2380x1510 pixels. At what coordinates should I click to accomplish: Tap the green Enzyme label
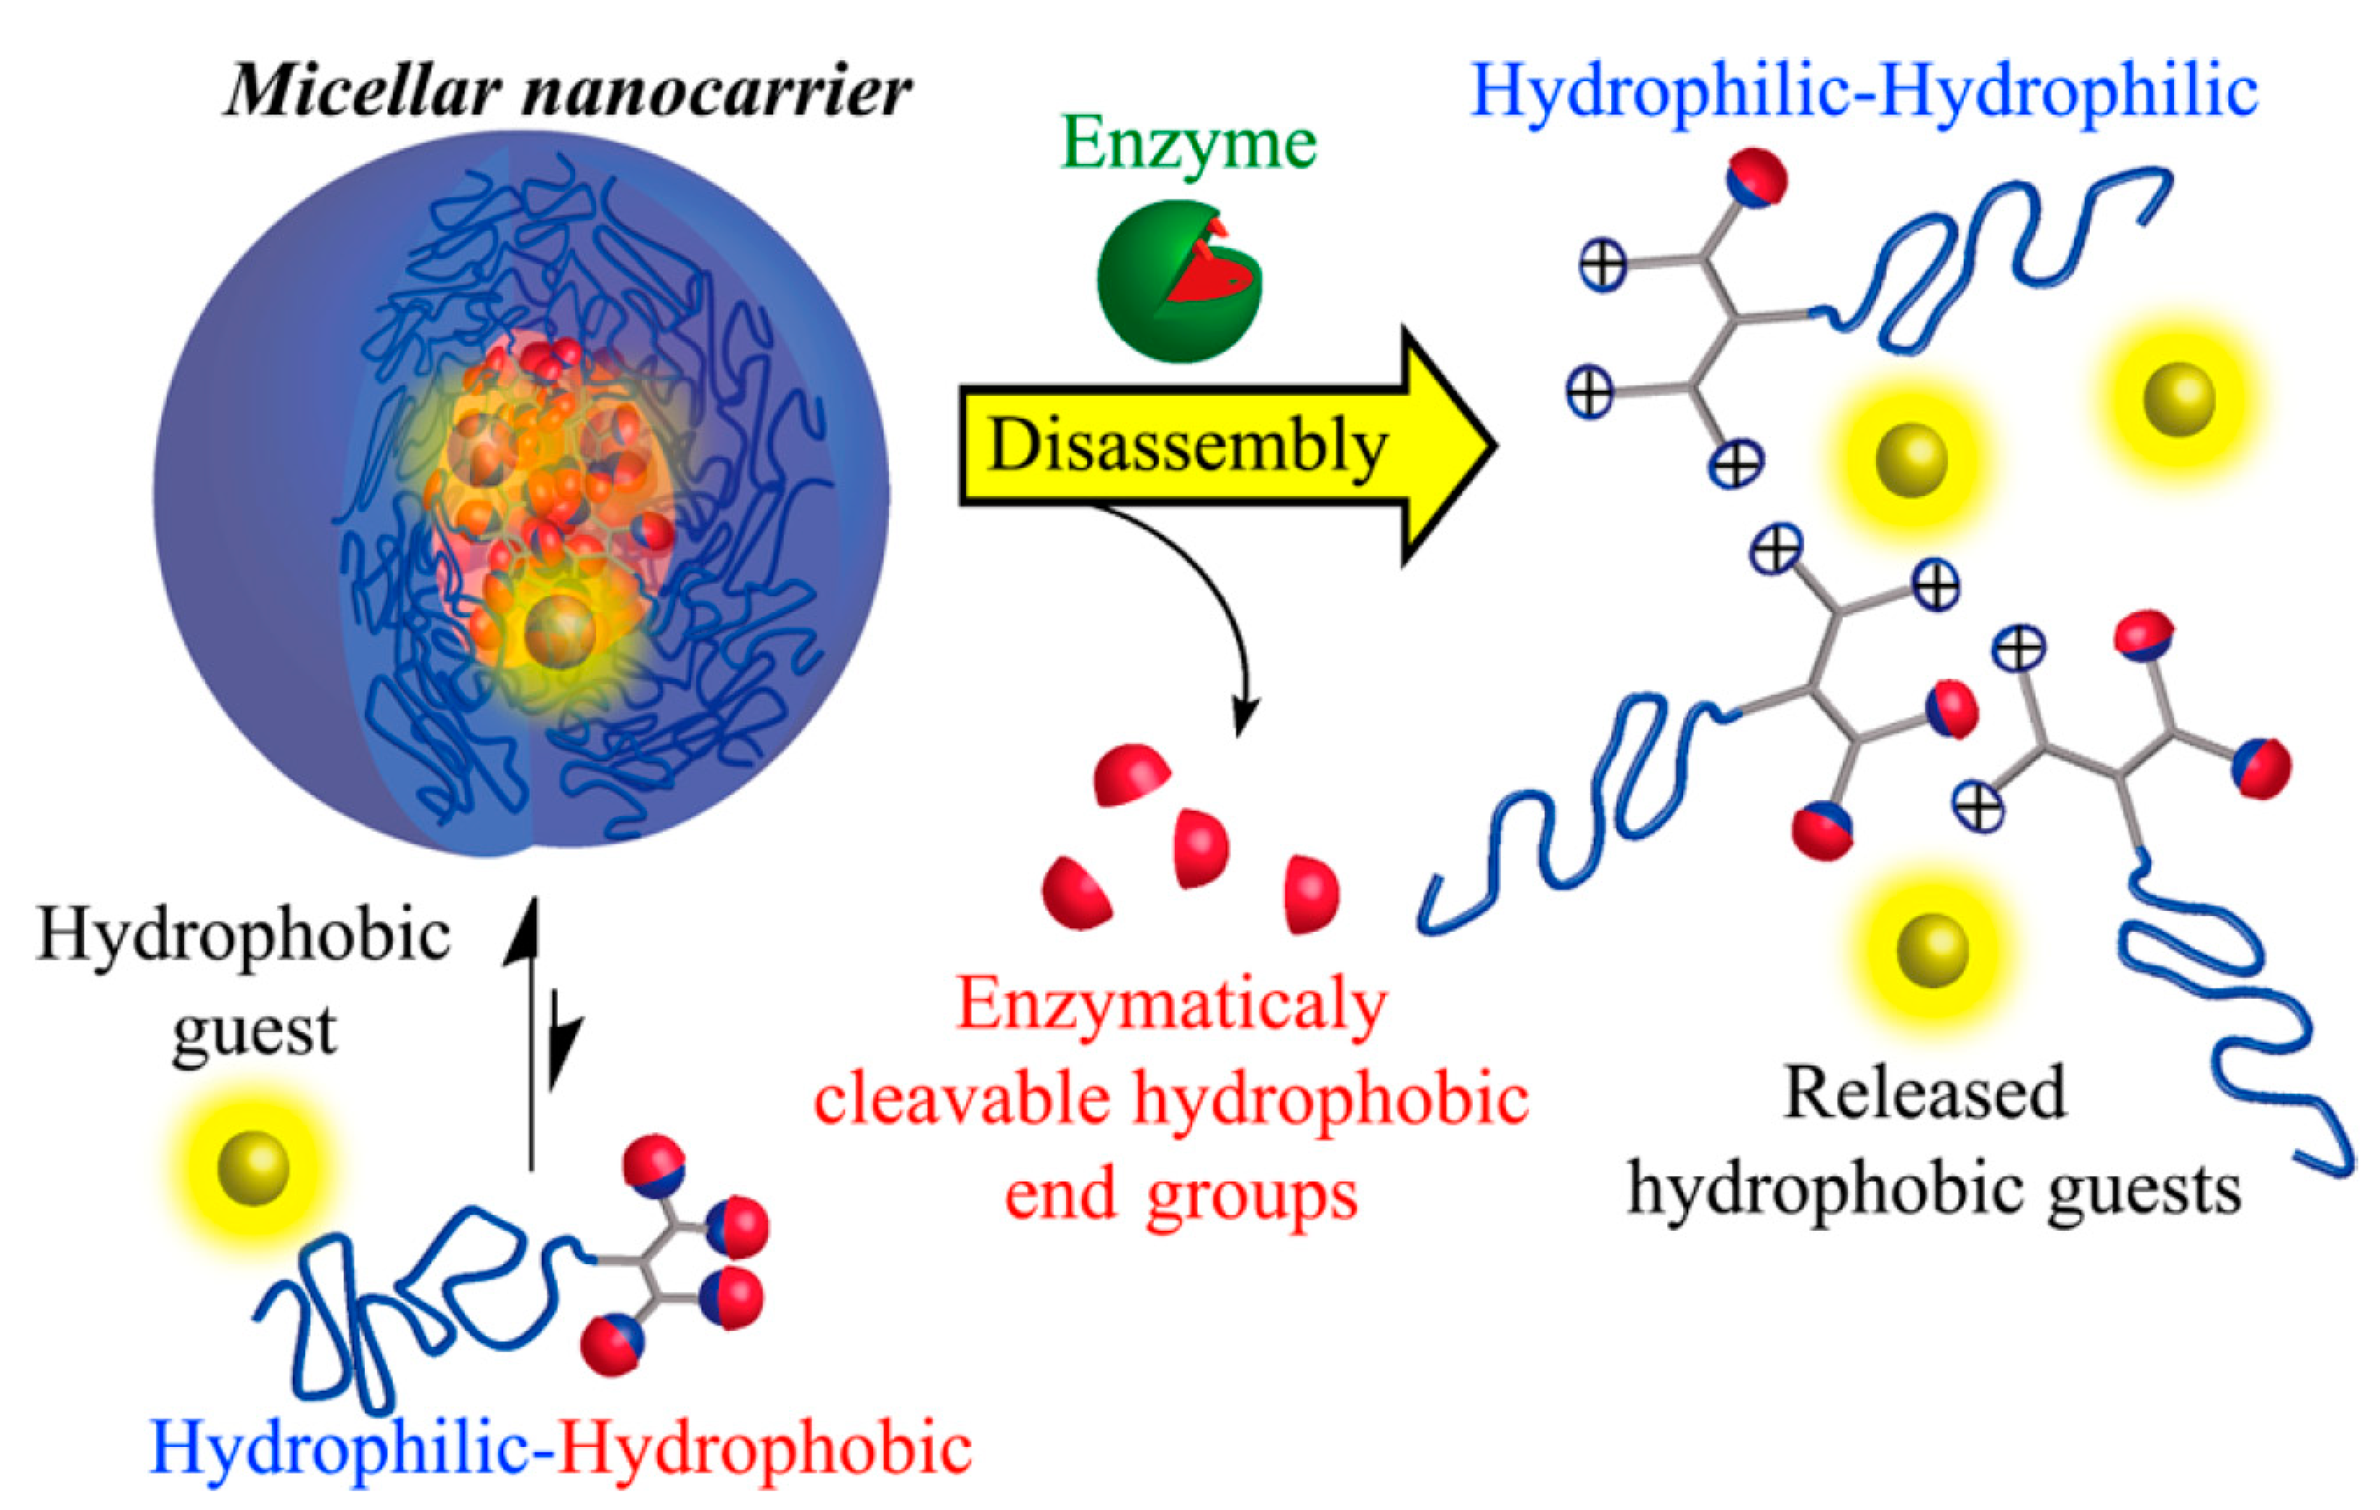click(1188, 144)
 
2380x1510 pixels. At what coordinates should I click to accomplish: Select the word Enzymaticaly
click(1172, 1005)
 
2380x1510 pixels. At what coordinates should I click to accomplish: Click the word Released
click(1925, 1092)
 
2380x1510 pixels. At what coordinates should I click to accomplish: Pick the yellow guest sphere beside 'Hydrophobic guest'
click(253, 1169)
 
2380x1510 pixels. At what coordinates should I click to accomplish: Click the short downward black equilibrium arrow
click(561, 1047)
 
